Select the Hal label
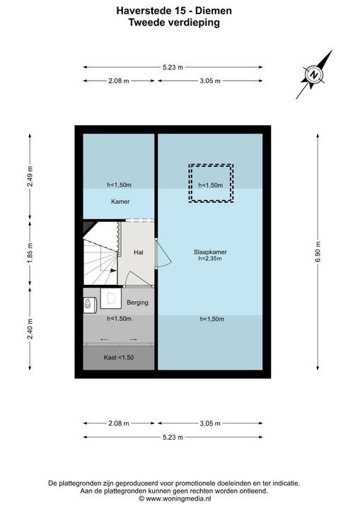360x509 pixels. tap(139, 252)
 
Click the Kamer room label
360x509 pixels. tap(120, 201)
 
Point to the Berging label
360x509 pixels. tap(137, 303)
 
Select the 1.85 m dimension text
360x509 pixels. tap(29, 252)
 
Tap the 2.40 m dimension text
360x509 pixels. tap(29, 327)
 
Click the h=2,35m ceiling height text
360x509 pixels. tap(210, 259)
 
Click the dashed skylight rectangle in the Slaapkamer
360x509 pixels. tap(210, 183)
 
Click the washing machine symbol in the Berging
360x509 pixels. tap(89, 304)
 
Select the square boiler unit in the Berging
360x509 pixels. tap(110, 299)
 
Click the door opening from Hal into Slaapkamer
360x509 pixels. tap(160, 252)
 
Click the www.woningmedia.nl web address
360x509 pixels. tap(179, 498)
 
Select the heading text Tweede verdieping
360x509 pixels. tap(174, 23)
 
